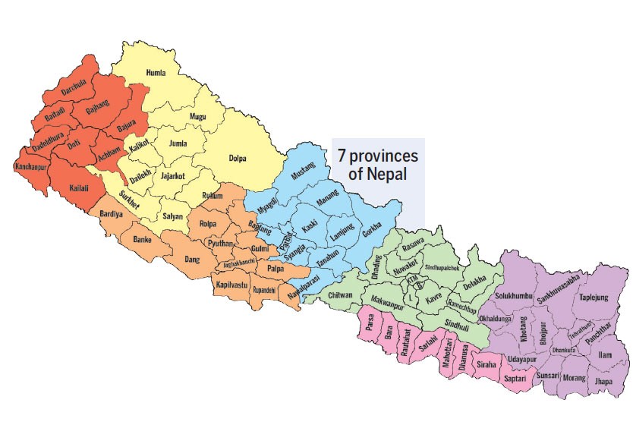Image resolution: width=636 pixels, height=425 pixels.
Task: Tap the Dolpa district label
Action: pos(239,159)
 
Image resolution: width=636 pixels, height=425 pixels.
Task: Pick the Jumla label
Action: pos(177,143)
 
